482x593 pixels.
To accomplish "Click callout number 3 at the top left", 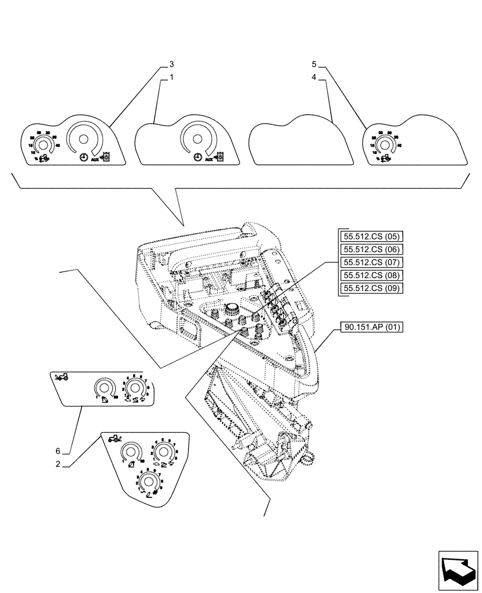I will click(172, 63).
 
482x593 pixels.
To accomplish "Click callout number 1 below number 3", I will click(171, 78).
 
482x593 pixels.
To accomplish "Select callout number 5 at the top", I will click(314, 63).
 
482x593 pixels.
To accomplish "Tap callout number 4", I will click(314, 78).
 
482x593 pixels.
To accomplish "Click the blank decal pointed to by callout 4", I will click(299, 142).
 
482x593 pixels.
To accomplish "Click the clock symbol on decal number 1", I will click(196, 158).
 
